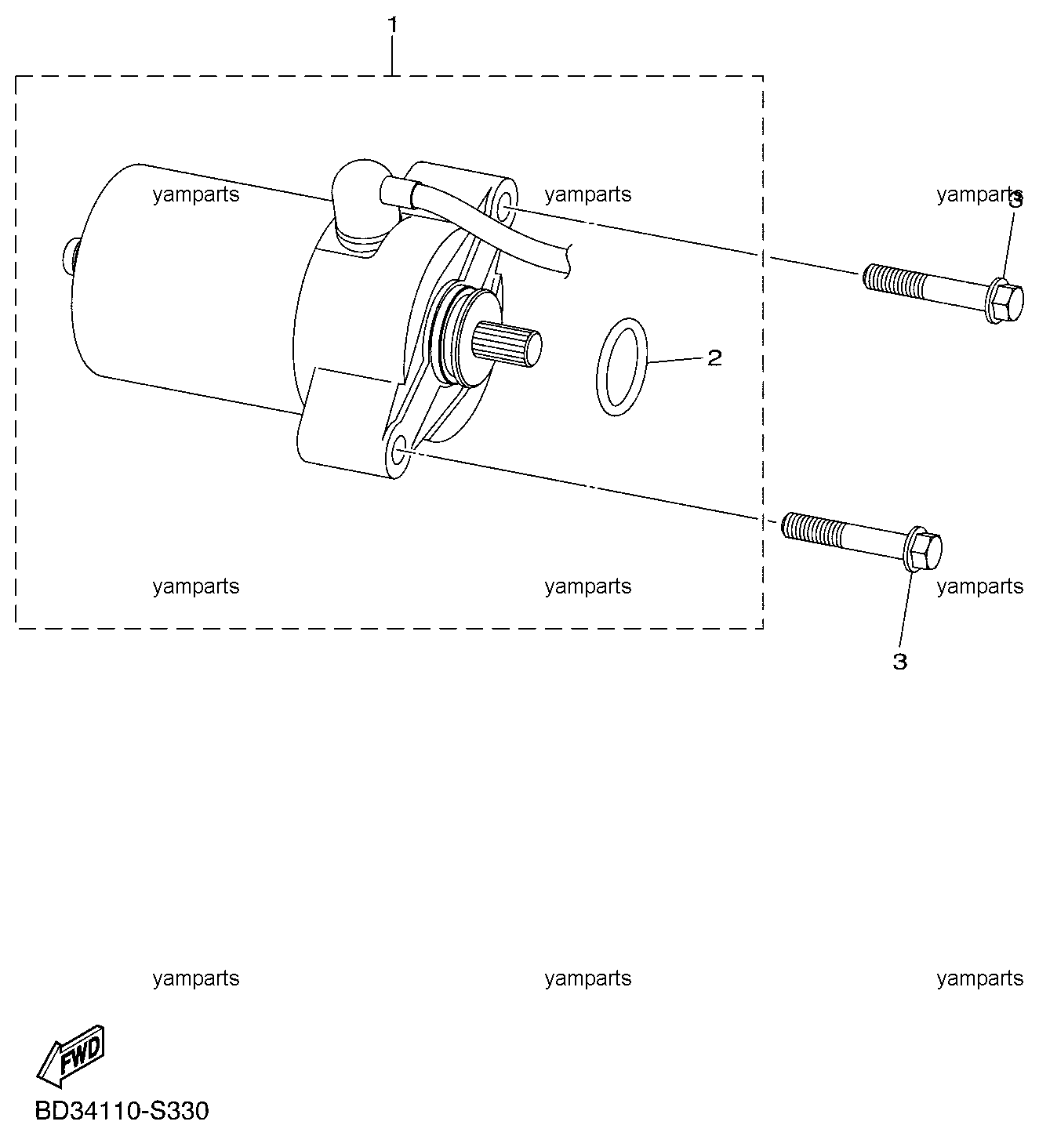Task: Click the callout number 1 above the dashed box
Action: pos(392,25)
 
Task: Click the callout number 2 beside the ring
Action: pos(714,358)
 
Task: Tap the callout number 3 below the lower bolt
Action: pos(899,662)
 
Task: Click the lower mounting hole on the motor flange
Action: pos(399,450)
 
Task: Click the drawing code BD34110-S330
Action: pos(122,1111)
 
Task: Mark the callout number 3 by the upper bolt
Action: pos(1016,201)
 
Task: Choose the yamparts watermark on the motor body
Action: pos(196,194)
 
